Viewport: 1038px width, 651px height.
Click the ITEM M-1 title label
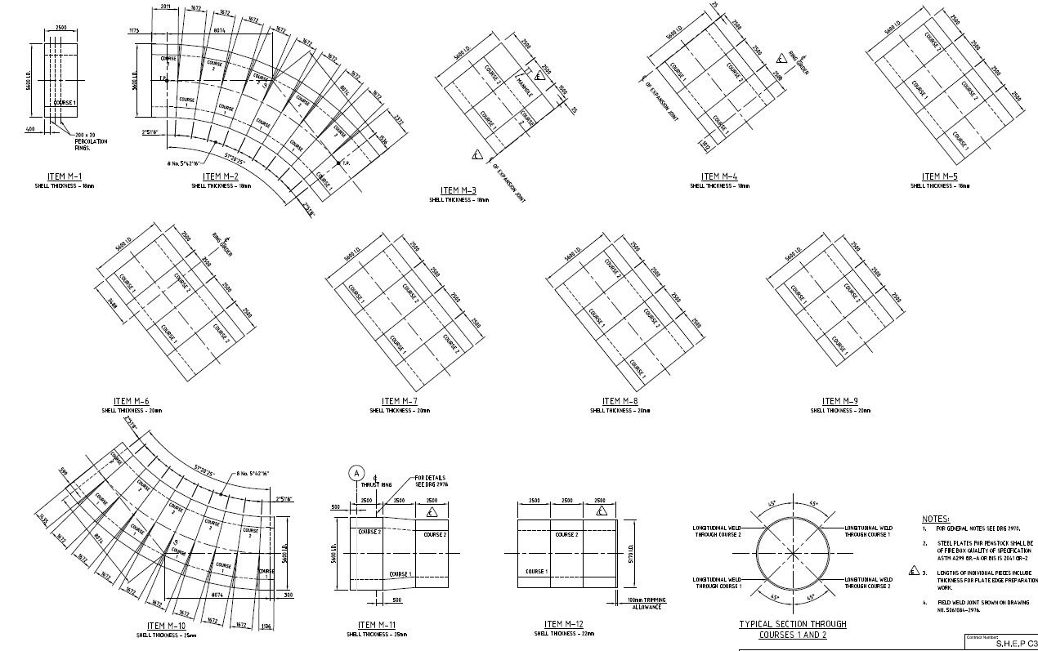point(65,176)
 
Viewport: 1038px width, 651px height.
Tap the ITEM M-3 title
point(459,190)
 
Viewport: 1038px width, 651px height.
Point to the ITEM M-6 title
point(132,401)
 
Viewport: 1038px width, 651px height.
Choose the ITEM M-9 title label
point(840,401)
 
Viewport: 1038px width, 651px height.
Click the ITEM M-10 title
point(166,626)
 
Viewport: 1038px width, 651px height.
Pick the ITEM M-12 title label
point(563,625)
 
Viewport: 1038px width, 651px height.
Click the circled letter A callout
point(356,472)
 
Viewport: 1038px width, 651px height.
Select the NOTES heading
point(936,519)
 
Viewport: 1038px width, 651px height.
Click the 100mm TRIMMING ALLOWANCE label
point(645,604)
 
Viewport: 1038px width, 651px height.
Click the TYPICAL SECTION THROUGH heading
point(793,624)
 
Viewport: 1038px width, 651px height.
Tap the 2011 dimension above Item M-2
point(165,7)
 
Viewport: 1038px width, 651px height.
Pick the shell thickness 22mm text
point(562,634)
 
